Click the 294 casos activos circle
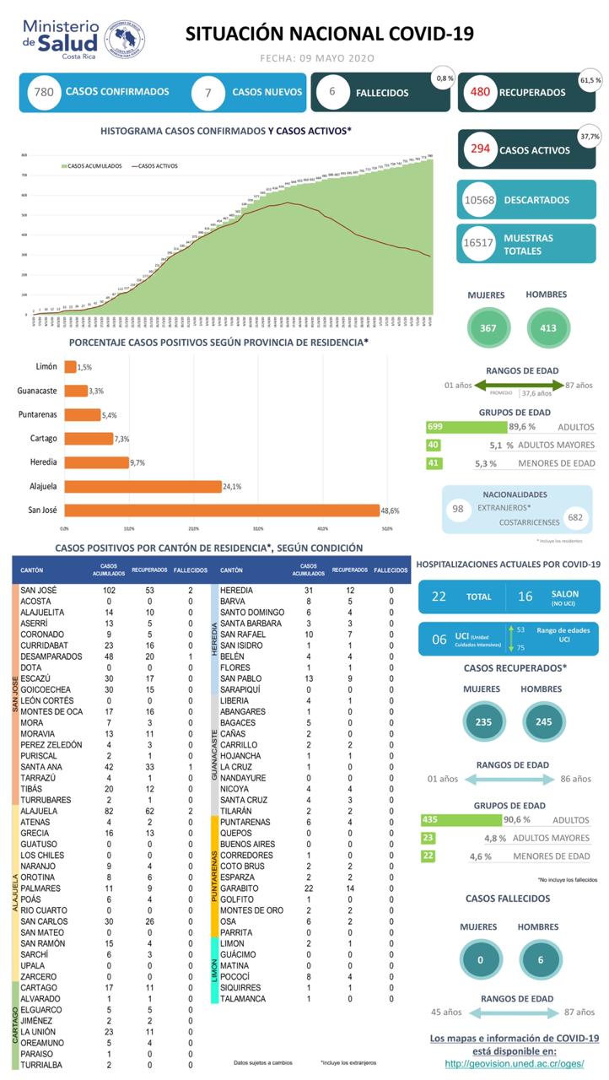481,149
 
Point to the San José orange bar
221,510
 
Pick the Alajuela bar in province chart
143,486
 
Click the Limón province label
46,367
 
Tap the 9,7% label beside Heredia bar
141,462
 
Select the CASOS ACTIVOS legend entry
157,166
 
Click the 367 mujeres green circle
488,327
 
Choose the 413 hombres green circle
548,327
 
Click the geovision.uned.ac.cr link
514,1063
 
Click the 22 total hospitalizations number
439,597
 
